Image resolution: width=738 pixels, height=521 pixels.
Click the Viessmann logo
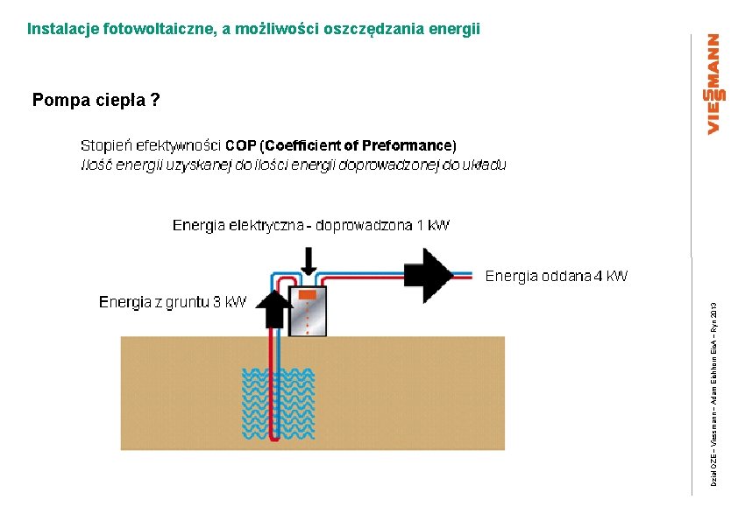[x=713, y=84]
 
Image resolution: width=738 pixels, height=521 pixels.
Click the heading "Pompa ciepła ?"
[x=96, y=100]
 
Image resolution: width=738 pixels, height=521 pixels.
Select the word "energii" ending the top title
[x=457, y=29]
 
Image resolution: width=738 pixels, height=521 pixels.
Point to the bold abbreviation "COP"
[x=241, y=145]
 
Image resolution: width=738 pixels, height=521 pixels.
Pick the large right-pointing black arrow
[x=428, y=275]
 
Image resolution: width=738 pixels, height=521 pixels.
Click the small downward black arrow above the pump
[x=309, y=261]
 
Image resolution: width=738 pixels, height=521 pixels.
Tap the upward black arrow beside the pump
[x=276, y=309]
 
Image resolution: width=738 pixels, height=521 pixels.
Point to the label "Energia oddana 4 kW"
[x=556, y=277]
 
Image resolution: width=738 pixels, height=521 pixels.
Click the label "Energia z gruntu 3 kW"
[x=173, y=303]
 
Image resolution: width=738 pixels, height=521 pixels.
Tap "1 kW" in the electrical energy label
[x=433, y=226]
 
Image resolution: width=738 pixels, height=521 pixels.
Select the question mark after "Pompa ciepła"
[x=155, y=100]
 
